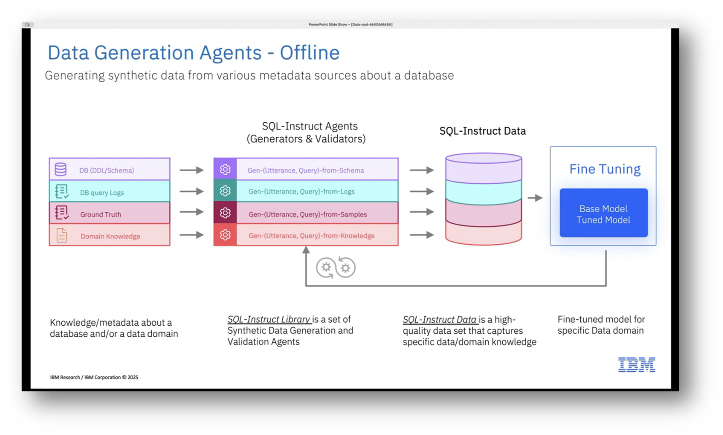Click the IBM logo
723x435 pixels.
click(x=637, y=365)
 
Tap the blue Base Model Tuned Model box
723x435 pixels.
click(x=603, y=213)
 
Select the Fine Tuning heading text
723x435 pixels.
click(x=605, y=169)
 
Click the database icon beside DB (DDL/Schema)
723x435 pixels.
click(x=61, y=169)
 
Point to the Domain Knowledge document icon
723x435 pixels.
click(x=62, y=235)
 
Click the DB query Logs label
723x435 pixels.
click(x=102, y=192)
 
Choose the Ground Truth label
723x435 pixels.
click(x=101, y=215)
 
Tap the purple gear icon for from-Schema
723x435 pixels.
click(x=225, y=169)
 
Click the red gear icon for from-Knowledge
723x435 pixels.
click(x=225, y=235)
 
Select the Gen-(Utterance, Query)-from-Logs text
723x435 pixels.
click(x=301, y=192)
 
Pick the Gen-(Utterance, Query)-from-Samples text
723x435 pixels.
click(x=308, y=215)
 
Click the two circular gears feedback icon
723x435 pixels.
click(x=336, y=267)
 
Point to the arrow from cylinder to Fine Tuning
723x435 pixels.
click(x=535, y=198)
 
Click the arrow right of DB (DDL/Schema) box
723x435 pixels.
click(x=191, y=170)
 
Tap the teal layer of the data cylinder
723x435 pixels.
click(x=483, y=192)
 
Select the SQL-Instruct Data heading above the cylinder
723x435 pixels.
click(x=482, y=131)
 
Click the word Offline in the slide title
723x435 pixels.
click(x=310, y=53)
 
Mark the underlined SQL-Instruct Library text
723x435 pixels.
click(x=269, y=319)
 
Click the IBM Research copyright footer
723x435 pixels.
click(x=94, y=377)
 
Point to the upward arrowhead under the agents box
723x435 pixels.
click(x=306, y=250)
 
